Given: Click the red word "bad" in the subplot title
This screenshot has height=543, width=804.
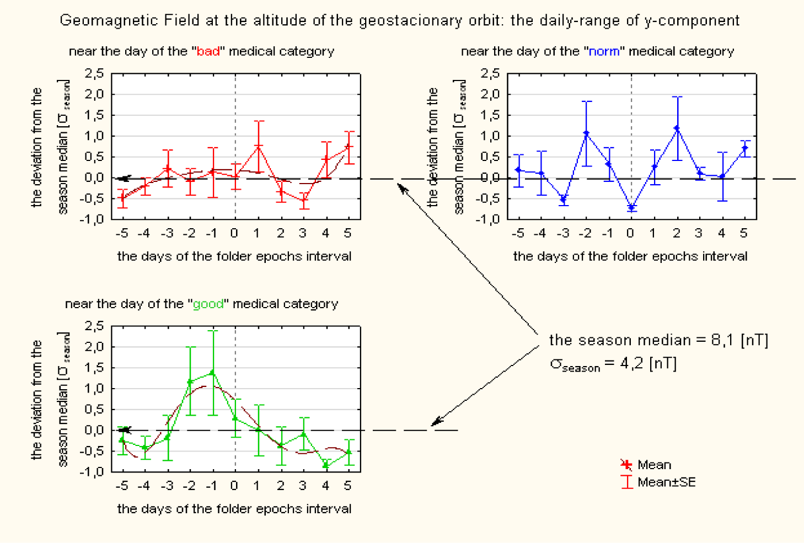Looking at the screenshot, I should tap(208, 51).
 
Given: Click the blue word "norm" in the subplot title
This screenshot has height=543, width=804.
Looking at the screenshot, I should tap(604, 51).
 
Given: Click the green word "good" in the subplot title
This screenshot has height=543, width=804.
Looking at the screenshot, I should tap(208, 304).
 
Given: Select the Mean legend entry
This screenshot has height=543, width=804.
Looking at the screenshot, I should tap(654, 465).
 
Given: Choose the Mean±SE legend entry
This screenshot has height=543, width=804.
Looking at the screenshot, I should tap(666, 482).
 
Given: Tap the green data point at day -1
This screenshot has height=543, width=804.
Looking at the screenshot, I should tap(212, 373).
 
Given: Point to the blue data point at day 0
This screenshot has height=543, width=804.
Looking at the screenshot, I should tap(631, 208).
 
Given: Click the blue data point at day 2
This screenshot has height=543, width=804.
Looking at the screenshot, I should tap(677, 128).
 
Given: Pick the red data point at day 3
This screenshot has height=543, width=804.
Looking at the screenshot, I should tap(303, 200).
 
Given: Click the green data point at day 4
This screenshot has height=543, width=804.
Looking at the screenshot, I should tap(326, 465).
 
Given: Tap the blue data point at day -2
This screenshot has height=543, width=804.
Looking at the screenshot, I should tap(586, 133).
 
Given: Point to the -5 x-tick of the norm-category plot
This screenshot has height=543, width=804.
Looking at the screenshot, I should tap(518, 233).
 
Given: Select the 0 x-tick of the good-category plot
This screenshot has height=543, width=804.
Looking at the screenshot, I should tap(234, 486).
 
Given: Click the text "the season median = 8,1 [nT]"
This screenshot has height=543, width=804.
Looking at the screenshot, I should tap(658, 340).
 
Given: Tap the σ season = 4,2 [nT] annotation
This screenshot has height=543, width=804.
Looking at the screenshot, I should tap(613, 364).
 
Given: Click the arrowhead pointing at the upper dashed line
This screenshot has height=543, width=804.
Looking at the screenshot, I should tap(401, 188).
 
